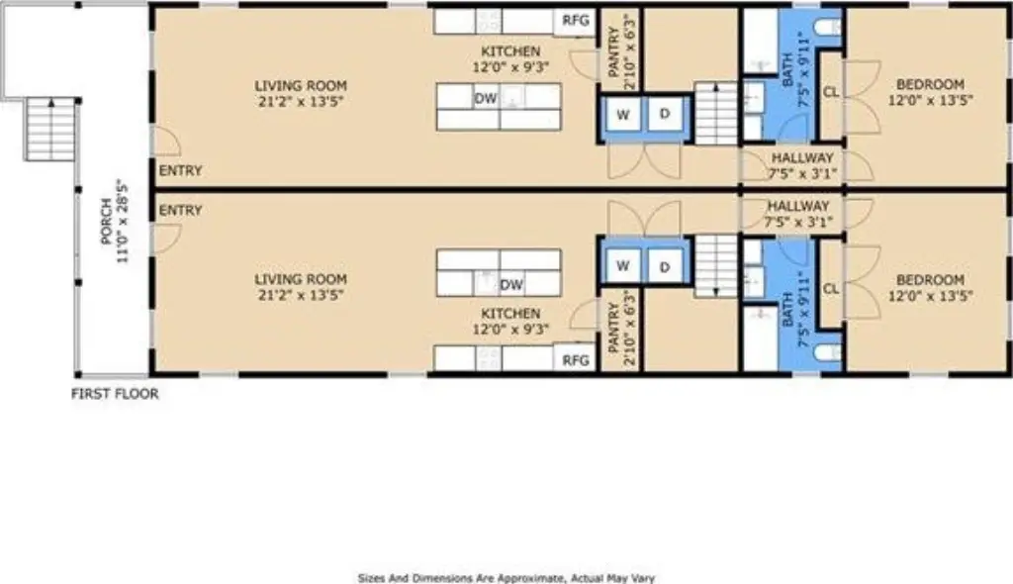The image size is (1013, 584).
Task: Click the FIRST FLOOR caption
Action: [x=115, y=393]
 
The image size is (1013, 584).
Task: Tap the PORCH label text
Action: [x=107, y=221]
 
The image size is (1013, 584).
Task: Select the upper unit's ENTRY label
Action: [x=180, y=170]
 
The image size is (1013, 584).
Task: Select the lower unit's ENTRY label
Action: [x=180, y=210]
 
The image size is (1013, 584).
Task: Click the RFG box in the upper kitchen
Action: [x=575, y=20]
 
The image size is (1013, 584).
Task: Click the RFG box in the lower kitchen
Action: [x=575, y=359]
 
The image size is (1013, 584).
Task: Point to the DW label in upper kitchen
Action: [x=485, y=98]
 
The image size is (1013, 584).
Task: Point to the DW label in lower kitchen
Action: [x=511, y=284]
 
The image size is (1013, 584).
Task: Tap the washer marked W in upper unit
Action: [x=623, y=115]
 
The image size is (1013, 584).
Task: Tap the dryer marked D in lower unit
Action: [x=665, y=266]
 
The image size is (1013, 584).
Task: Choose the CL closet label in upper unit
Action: [x=831, y=92]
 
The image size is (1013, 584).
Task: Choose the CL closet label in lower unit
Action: [x=831, y=288]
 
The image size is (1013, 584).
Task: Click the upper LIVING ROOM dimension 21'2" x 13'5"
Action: [x=301, y=102]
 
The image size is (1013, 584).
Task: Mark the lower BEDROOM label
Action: [x=930, y=280]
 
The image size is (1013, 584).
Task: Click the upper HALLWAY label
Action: [x=802, y=157]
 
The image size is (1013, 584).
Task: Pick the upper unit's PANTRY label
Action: [x=613, y=52]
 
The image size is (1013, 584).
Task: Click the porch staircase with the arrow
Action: [x=51, y=128]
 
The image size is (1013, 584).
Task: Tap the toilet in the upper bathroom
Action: [x=827, y=27]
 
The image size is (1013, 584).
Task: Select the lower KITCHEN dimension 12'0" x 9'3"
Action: [x=511, y=330]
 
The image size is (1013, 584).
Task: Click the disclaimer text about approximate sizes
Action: [x=506, y=578]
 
